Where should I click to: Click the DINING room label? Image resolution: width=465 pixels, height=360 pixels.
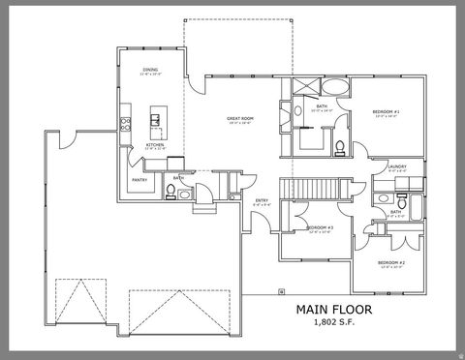tap(150, 70)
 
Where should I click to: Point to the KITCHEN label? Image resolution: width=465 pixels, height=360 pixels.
tap(154, 145)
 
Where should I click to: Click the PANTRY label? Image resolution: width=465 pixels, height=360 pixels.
tap(139, 179)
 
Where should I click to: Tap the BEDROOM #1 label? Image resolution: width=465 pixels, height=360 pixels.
tap(385, 113)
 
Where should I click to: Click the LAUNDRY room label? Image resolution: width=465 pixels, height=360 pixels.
tap(396, 166)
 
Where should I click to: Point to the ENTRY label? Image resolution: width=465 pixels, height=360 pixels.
tap(262, 202)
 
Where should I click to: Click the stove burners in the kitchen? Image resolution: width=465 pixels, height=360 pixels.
tap(124, 122)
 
